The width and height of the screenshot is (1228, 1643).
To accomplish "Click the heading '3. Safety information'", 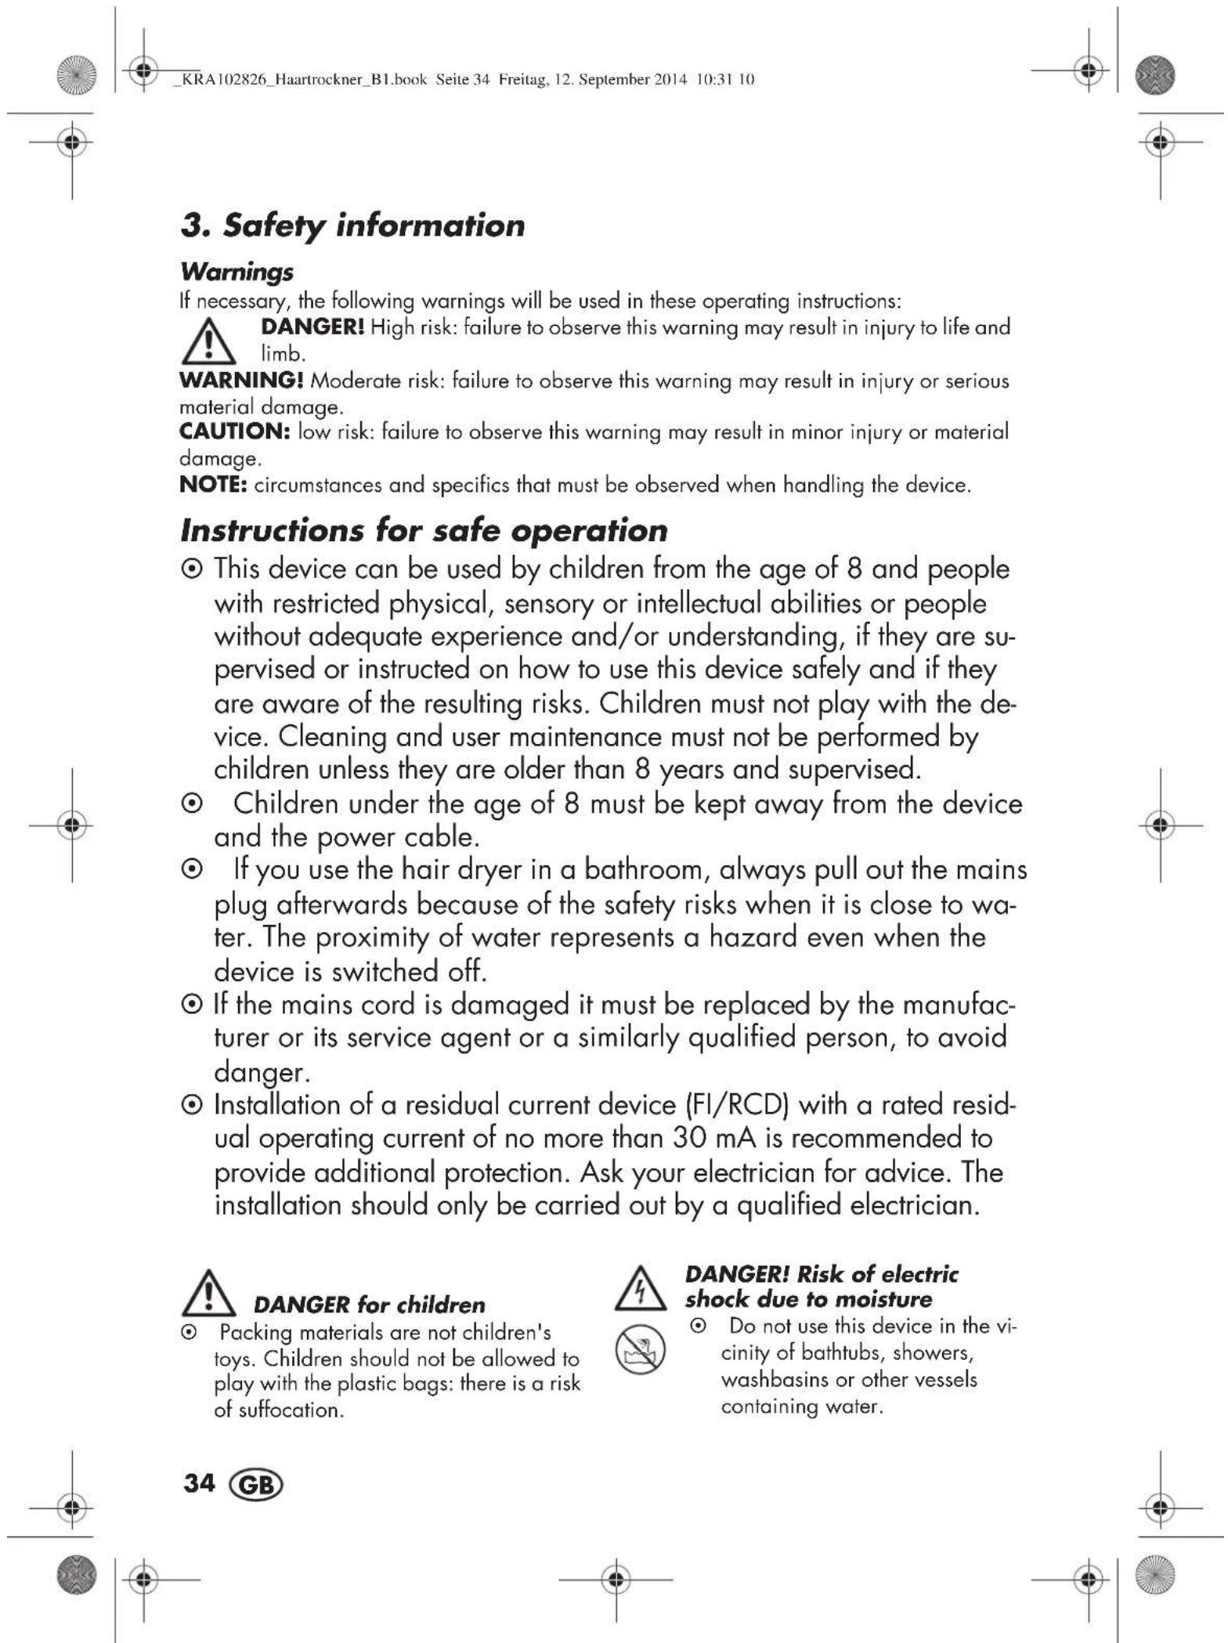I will [x=352, y=226].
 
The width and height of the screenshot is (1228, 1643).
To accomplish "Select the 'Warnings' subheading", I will [x=237, y=272].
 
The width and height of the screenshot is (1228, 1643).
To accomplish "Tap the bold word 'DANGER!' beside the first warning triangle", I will [x=312, y=327].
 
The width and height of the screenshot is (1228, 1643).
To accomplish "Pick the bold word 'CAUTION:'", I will [x=235, y=432].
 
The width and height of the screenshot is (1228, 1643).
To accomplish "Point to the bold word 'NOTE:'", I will [x=214, y=485].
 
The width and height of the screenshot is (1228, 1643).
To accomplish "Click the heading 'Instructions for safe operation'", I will [x=424, y=530].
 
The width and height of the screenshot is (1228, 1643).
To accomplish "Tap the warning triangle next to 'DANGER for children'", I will [x=209, y=1293].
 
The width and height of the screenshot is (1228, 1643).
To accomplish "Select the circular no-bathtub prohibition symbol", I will [x=640, y=1350].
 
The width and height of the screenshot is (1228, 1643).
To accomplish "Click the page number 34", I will [x=199, y=1482].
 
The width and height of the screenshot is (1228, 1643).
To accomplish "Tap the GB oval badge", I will [x=255, y=1484].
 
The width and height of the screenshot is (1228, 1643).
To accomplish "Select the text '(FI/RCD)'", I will [x=735, y=1104].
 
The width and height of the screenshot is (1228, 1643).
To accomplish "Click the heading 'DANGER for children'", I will [x=369, y=1305].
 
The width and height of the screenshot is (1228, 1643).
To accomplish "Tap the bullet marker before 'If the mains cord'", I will [x=190, y=1005].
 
